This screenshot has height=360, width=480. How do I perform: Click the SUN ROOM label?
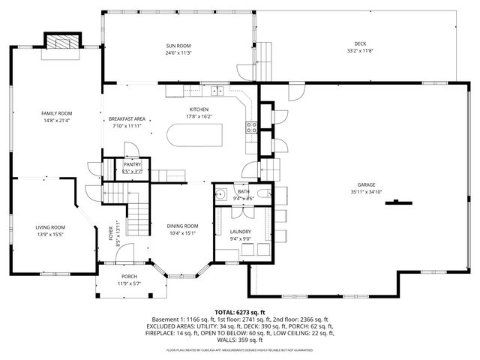[x=178, y=46]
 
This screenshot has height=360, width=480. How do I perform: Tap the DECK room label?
[x=360, y=43]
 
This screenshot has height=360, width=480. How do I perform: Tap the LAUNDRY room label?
[x=241, y=232]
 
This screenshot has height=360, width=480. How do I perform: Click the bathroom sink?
[x=221, y=195]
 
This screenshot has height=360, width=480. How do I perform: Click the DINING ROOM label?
[x=182, y=226]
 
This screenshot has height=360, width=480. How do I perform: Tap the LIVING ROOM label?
[x=50, y=227]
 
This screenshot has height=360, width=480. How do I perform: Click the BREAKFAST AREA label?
[x=127, y=119]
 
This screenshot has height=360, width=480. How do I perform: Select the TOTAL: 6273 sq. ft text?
[x=240, y=312]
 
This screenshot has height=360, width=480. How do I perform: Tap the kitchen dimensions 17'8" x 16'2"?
[x=199, y=116]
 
